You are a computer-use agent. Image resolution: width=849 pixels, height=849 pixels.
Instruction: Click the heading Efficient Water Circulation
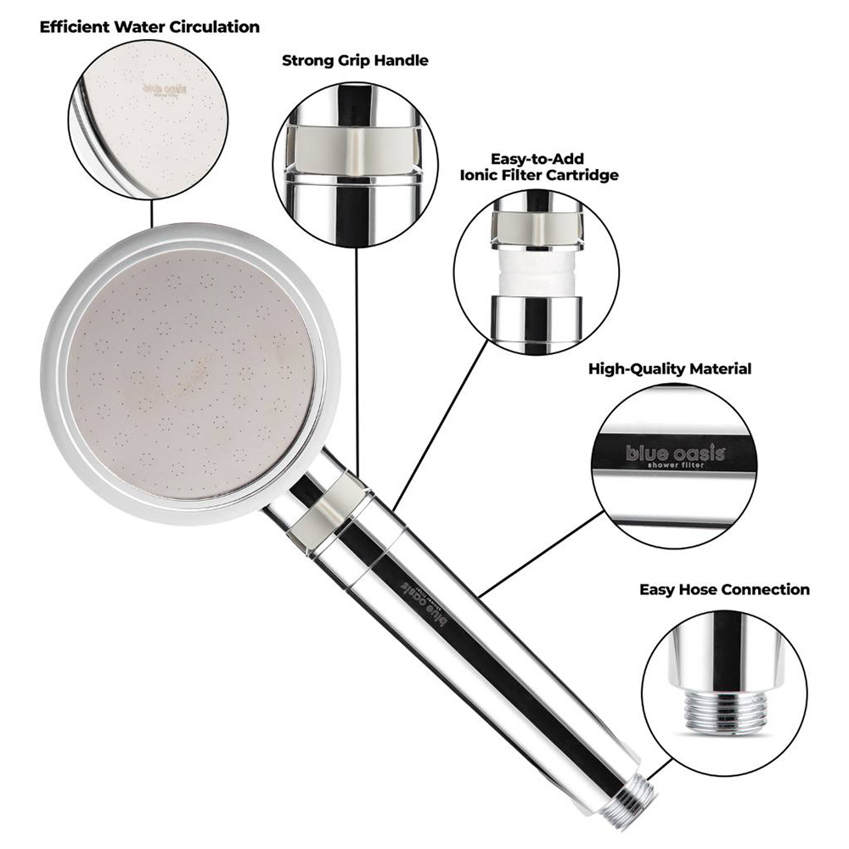pyautogui.click(x=149, y=27)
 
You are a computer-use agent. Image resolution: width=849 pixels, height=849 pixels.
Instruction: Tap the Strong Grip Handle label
pyautogui.click(x=355, y=61)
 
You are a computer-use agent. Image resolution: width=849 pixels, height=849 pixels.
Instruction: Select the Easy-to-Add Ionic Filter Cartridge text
pyautogui.click(x=538, y=166)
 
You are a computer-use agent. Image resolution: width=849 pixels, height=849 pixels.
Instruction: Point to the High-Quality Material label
pyautogui.click(x=670, y=369)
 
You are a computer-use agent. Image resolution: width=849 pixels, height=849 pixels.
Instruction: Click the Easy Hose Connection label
pyautogui.click(x=724, y=589)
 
